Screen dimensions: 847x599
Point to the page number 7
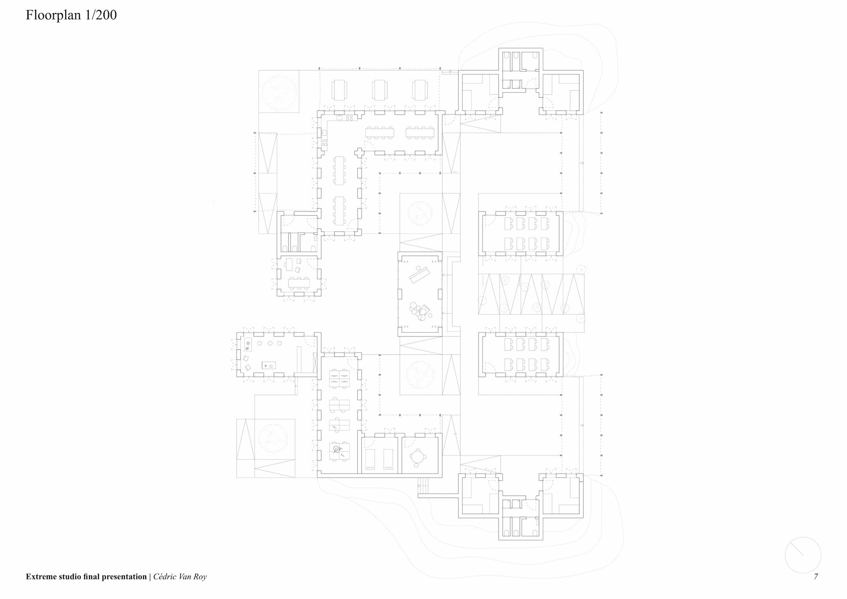(816, 576)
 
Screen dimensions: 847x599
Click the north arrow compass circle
(802, 555)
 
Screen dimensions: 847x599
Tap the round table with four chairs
(417, 458)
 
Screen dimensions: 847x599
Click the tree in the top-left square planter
(278, 91)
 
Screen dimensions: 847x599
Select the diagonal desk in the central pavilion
(420, 275)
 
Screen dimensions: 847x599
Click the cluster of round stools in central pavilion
(418, 311)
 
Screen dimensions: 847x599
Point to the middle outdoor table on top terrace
(379, 90)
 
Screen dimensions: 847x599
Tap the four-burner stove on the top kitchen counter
(349, 118)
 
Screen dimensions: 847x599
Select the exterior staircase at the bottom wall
(423, 486)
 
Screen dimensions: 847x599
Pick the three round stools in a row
(270, 343)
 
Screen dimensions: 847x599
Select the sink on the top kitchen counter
(339, 118)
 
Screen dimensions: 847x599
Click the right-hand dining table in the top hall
(420, 132)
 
